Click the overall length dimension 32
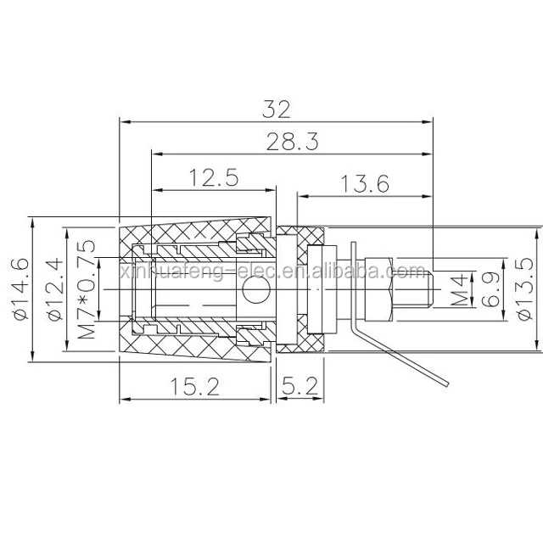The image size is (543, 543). pos(277,109)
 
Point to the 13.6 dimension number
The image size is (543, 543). pos(365,183)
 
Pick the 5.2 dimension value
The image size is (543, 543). pos(300,387)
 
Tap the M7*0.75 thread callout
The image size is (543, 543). pos(86,288)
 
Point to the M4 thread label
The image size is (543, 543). pos(459,288)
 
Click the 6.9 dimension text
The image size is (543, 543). pos(490,288)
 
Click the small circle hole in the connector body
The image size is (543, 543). pos(252,294)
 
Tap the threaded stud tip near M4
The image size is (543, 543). pos(428,288)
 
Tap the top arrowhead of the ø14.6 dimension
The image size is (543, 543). pos(31,219)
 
